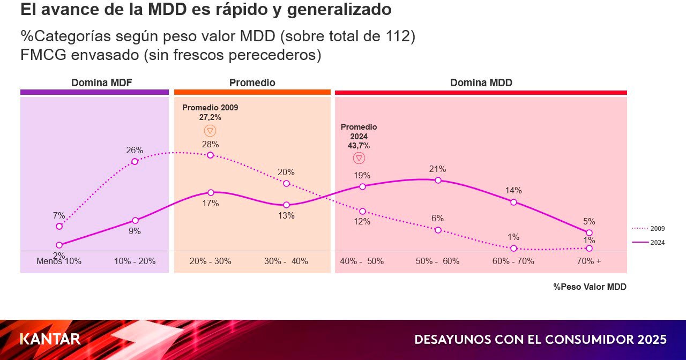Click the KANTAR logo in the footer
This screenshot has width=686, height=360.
pyautogui.click(x=50, y=339)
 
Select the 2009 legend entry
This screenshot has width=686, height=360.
pyautogui.click(x=649, y=229)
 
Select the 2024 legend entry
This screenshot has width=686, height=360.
pyautogui.click(x=649, y=243)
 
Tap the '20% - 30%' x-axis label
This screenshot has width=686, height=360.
pyautogui.click(x=210, y=261)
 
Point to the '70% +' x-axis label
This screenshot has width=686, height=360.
pyautogui.click(x=589, y=261)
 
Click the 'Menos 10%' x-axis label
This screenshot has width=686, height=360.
pyautogui.click(x=59, y=261)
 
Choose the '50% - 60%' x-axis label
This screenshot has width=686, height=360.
pyautogui.click(x=437, y=261)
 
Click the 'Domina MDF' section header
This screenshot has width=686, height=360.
pyautogui.click(x=102, y=83)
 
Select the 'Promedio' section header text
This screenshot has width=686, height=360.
pyautogui.click(x=252, y=83)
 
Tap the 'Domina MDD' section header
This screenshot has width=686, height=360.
pyautogui.click(x=481, y=83)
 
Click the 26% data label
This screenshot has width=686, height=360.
pyautogui.click(x=135, y=151)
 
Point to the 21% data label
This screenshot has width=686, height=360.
pyautogui.click(x=437, y=169)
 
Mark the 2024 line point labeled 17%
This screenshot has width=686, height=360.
pyautogui.click(x=211, y=192)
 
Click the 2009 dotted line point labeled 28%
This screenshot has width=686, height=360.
pyautogui.click(x=210, y=155)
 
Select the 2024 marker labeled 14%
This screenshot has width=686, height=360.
pyautogui.click(x=513, y=202)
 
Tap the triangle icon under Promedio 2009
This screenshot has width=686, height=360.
pyautogui.click(x=210, y=131)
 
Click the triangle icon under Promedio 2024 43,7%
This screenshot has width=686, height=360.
pyautogui.click(x=359, y=158)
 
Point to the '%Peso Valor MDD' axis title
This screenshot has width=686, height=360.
pyautogui.click(x=590, y=287)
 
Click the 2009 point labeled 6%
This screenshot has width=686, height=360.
pyautogui.click(x=438, y=230)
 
